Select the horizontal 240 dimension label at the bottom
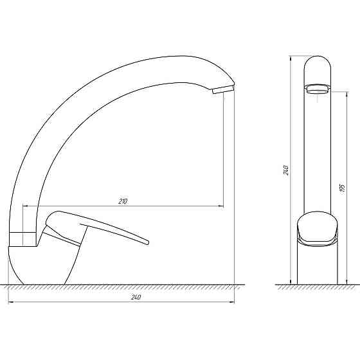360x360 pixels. pyautogui.click(x=136, y=297)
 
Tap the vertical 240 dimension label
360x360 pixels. pyautogui.click(x=285, y=170)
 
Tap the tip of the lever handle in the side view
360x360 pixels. pyautogui.click(x=146, y=242)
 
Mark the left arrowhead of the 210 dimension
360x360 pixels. pyautogui.click(x=26, y=206)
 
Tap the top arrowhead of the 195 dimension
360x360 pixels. pyautogui.click(x=345, y=93)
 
